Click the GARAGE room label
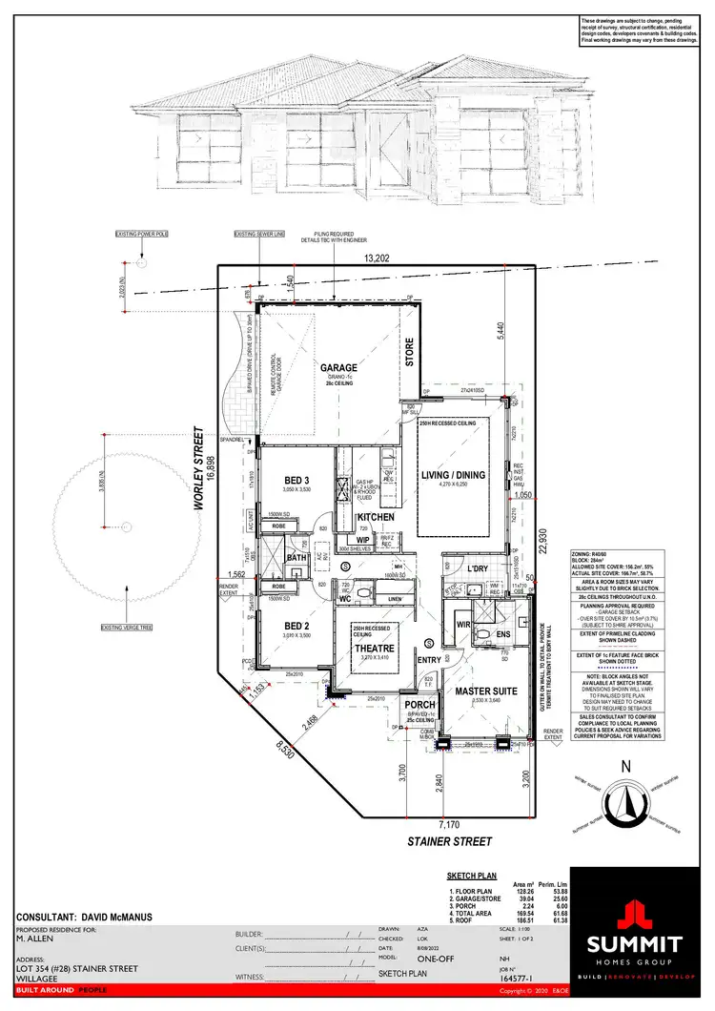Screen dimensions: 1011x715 [338, 367]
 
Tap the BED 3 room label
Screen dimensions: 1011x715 [297, 480]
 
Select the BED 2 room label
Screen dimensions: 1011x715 [297, 625]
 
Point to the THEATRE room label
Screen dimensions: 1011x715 [374, 648]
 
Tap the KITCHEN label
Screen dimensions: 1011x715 [376, 517]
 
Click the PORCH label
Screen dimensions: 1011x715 [420, 705]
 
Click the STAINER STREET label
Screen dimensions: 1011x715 [449, 841]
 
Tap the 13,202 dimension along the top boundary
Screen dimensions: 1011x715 [375, 258]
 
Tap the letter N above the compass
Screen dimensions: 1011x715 [625, 766]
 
